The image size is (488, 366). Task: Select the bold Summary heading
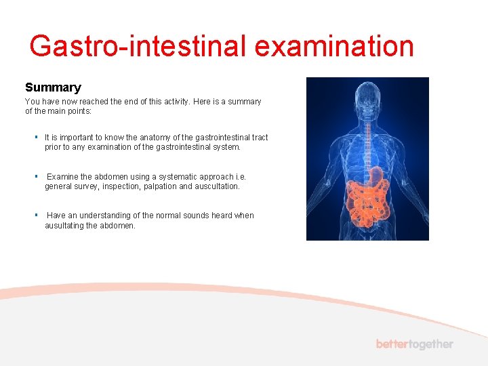click(x=53, y=87)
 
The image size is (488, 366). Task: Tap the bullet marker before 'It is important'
click(x=37, y=138)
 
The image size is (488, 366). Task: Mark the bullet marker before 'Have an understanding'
click(x=37, y=216)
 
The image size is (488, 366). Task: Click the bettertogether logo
click(x=414, y=344)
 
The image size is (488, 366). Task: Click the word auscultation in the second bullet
click(x=216, y=186)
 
